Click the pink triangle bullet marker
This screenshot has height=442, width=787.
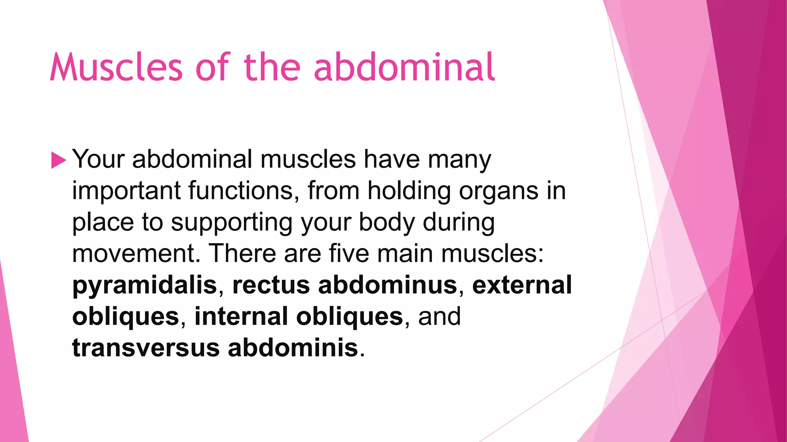point(58,160)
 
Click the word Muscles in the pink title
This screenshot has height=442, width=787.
point(116,68)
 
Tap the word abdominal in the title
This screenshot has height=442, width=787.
point(404,68)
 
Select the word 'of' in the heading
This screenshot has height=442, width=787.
point(213,68)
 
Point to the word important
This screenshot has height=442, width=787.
point(126,191)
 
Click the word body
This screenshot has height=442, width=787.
point(387,223)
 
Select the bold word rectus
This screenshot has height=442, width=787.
point(271,285)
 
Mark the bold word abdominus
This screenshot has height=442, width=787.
point(388,285)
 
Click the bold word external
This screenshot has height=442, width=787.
point(522,285)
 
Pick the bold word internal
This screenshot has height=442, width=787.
point(241,317)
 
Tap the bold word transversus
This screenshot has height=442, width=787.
point(146,348)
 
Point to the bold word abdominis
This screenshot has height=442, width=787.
point(293,348)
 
